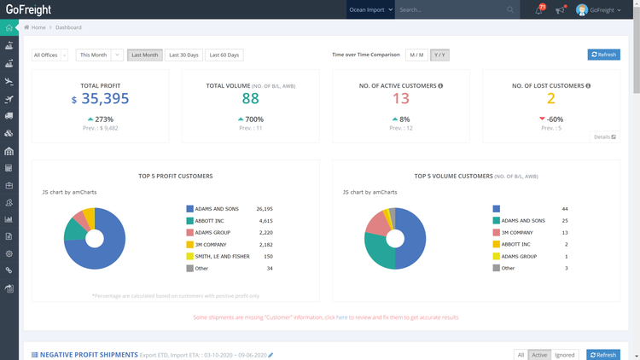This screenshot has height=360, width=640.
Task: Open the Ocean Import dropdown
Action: coord(370,10)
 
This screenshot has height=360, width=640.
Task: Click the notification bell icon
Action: coord(538,10)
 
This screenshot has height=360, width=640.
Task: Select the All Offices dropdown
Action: coord(49,55)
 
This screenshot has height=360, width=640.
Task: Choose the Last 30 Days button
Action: coord(183,55)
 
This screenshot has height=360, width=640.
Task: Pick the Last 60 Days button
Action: coord(224,55)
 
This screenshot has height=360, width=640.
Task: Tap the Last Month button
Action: coord(144,55)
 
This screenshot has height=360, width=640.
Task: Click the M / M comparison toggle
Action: coord(416,55)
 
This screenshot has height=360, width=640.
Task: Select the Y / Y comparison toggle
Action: coord(439,55)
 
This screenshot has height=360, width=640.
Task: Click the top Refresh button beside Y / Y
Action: coord(603,55)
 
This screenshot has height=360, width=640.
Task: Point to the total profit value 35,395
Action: coord(105,99)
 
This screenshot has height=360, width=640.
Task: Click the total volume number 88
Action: coord(250,99)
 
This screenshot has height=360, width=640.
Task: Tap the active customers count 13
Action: coord(400,99)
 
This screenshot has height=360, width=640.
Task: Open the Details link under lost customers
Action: coord(604,136)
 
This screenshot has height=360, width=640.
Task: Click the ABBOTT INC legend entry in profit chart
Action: coord(210,220)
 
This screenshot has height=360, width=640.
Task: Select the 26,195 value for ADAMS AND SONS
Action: coord(264,208)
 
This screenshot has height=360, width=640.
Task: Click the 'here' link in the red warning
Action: coord(341,317)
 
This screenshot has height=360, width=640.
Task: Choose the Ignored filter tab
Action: coord(564,355)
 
